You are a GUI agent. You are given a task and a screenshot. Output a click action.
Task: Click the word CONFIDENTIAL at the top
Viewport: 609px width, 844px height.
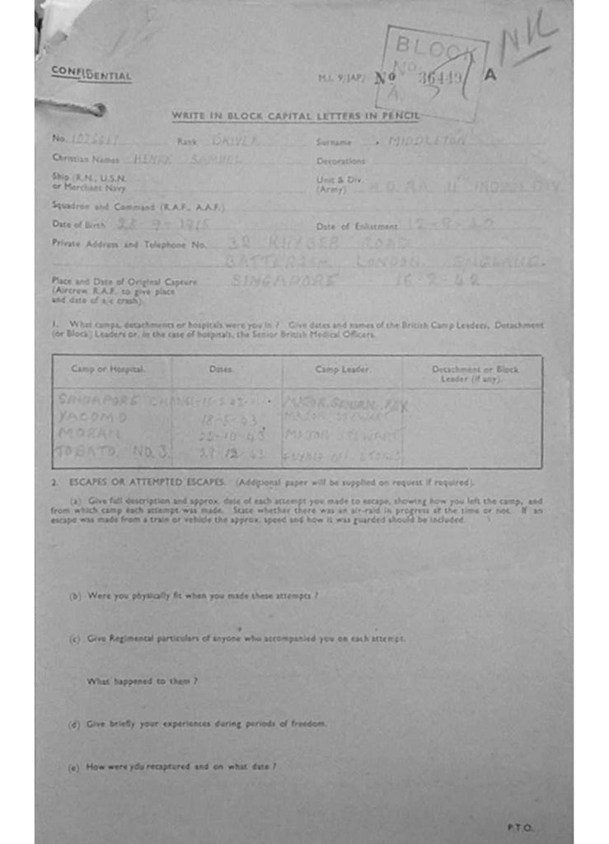pyautogui.click(x=91, y=74)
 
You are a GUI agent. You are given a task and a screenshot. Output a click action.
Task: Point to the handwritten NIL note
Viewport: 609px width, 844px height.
pyautogui.click(x=528, y=37)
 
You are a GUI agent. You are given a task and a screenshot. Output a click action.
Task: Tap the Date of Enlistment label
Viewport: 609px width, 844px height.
pyautogui.click(x=356, y=226)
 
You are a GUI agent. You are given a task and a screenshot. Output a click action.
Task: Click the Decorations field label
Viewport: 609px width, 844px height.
pyautogui.click(x=340, y=162)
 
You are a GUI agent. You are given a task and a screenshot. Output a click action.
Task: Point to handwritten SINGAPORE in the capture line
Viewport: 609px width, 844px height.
pyautogui.click(x=285, y=280)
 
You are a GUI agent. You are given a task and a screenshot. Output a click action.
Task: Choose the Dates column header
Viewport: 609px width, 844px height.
pyautogui.click(x=220, y=370)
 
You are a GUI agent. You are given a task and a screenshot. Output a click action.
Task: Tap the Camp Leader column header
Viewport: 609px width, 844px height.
pyautogui.click(x=341, y=370)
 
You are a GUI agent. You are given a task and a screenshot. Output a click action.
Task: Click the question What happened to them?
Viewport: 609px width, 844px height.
pyautogui.click(x=142, y=682)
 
